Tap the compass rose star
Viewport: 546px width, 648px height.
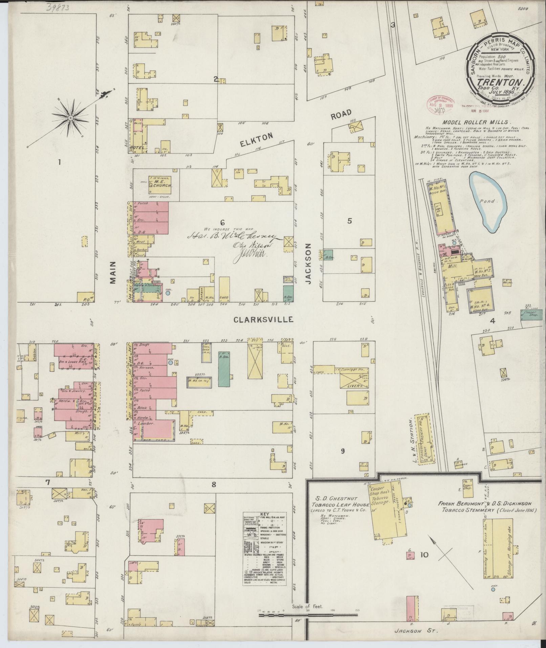tap(71, 118)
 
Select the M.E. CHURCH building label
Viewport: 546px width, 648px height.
tap(161, 183)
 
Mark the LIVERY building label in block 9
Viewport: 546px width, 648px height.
tap(354, 386)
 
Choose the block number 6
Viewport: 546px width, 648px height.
tap(222, 223)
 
